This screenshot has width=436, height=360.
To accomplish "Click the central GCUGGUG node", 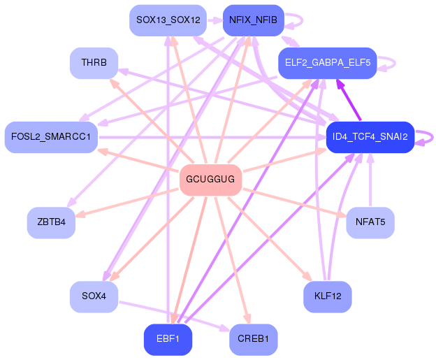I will pyautogui.click(x=210, y=180).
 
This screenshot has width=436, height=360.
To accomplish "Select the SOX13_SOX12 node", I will pyautogui.click(x=168, y=20).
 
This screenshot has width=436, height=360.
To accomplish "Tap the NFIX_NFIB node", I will pyautogui.click(x=253, y=20).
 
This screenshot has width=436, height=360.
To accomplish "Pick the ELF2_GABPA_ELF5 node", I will pyautogui.click(x=328, y=63).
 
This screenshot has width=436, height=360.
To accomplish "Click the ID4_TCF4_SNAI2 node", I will pyautogui.click(x=370, y=136).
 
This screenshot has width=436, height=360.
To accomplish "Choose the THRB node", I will pyautogui.click(x=94, y=63).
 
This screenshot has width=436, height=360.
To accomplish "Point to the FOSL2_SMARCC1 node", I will pyautogui.click(x=51, y=136).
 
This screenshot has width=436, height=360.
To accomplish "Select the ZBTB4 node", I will pyautogui.click(x=51, y=223).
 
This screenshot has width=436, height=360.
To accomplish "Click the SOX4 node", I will pyautogui.click(x=94, y=296).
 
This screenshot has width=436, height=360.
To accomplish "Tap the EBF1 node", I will pyautogui.click(x=168, y=340).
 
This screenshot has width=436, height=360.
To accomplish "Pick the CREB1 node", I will pyautogui.click(x=253, y=340).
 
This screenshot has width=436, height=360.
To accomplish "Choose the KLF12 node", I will pyautogui.click(x=328, y=296).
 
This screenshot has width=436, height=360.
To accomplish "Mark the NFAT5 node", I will pyautogui.click(x=370, y=223).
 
